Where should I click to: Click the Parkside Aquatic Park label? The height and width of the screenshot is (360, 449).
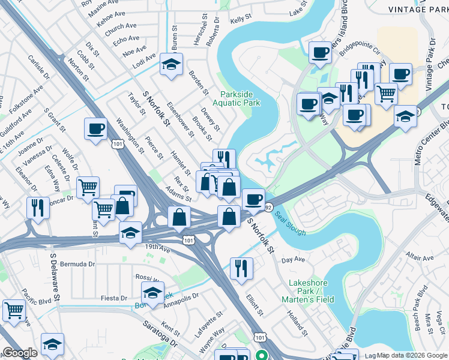point(240,98)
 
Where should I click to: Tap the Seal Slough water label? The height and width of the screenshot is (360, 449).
point(291,224)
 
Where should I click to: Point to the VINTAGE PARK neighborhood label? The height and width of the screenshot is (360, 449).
point(418,9)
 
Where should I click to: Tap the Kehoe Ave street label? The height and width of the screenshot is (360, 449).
point(112,19)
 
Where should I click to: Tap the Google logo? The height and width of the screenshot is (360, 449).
point(20,353)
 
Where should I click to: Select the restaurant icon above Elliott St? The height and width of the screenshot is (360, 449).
point(241,268)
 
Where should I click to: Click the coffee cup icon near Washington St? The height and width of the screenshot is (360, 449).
point(96,128)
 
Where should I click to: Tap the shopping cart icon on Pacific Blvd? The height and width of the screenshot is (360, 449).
point(14,310)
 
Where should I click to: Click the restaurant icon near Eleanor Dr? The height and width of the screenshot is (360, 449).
point(38,208)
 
